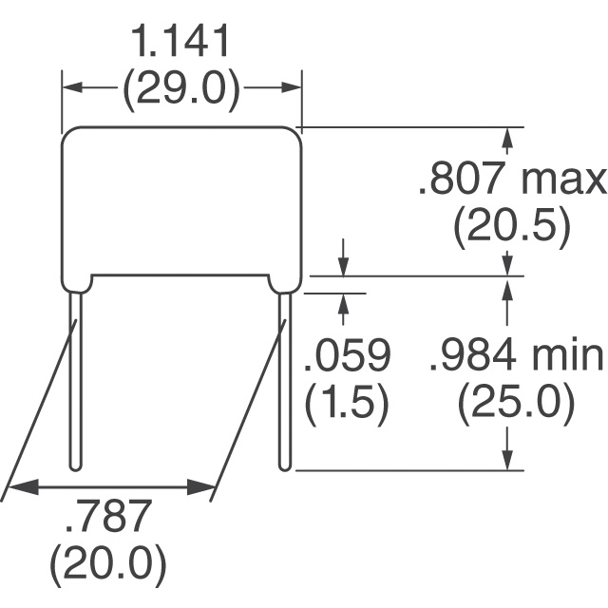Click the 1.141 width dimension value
[x=180, y=41]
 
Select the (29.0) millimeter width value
[x=181, y=88]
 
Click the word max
[x=563, y=182]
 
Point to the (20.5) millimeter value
[x=512, y=227]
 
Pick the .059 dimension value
[x=348, y=354]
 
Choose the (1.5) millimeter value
[x=346, y=403]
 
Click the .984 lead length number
[x=473, y=354]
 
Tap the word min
[x=567, y=355]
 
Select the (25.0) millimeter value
[x=516, y=403]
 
